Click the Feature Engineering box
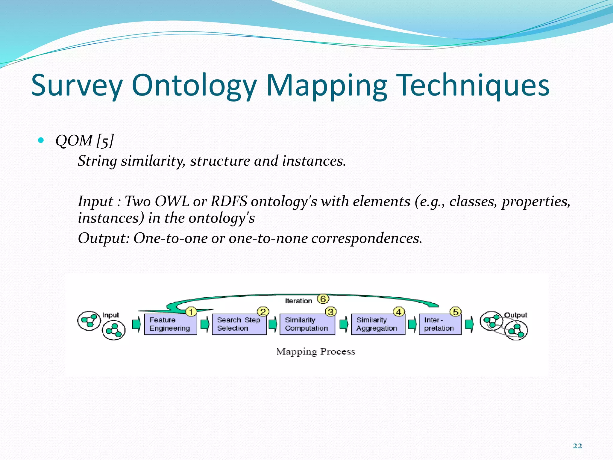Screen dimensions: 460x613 (x=170, y=324)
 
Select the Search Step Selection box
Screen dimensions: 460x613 (x=239, y=324)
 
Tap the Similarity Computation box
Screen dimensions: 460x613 (x=307, y=324)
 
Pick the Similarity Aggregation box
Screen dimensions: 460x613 (x=377, y=324)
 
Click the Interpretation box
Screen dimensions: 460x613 (x=440, y=324)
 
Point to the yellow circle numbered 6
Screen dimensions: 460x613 (x=323, y=299)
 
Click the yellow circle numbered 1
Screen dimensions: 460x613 (x=191, y=312)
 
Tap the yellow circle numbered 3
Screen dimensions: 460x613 (x=330, y=312)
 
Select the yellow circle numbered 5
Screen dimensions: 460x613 (x=455, y=312)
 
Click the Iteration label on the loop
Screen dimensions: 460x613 (x=298, y=301)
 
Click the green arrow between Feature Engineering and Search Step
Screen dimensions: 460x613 (x=205, y=324)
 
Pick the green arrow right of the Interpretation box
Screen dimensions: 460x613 (x=469, y=324)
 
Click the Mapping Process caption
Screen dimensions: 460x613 (x=315, y=351)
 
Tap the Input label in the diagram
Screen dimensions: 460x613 (x=110, y=315)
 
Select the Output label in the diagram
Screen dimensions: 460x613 (x=515, y=315)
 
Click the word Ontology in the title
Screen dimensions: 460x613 (x=194, y=86)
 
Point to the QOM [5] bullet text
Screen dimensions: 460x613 (x=85, y=140)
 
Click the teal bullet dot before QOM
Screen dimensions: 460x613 (x=41, y=140)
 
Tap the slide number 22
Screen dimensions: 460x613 (x=577, y=446)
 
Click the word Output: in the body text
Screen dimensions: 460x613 (x=104, y=238)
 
